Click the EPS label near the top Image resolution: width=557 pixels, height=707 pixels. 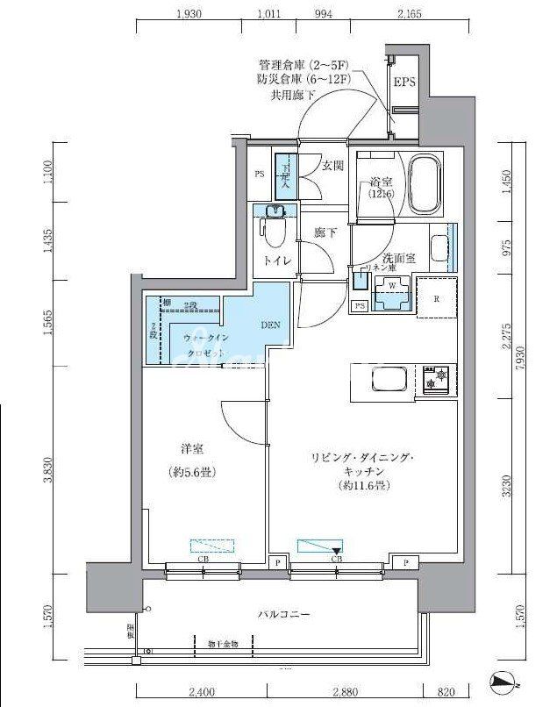pyautogui.click(x=404, y=83)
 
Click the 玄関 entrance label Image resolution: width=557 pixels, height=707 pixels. pyautogui.click(x=332, y=166)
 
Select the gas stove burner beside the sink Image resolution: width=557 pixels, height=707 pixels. pyautogui.click(x=433, y=379)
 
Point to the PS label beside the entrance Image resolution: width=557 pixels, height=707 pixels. pyautogui.click(x=260, y=174)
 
